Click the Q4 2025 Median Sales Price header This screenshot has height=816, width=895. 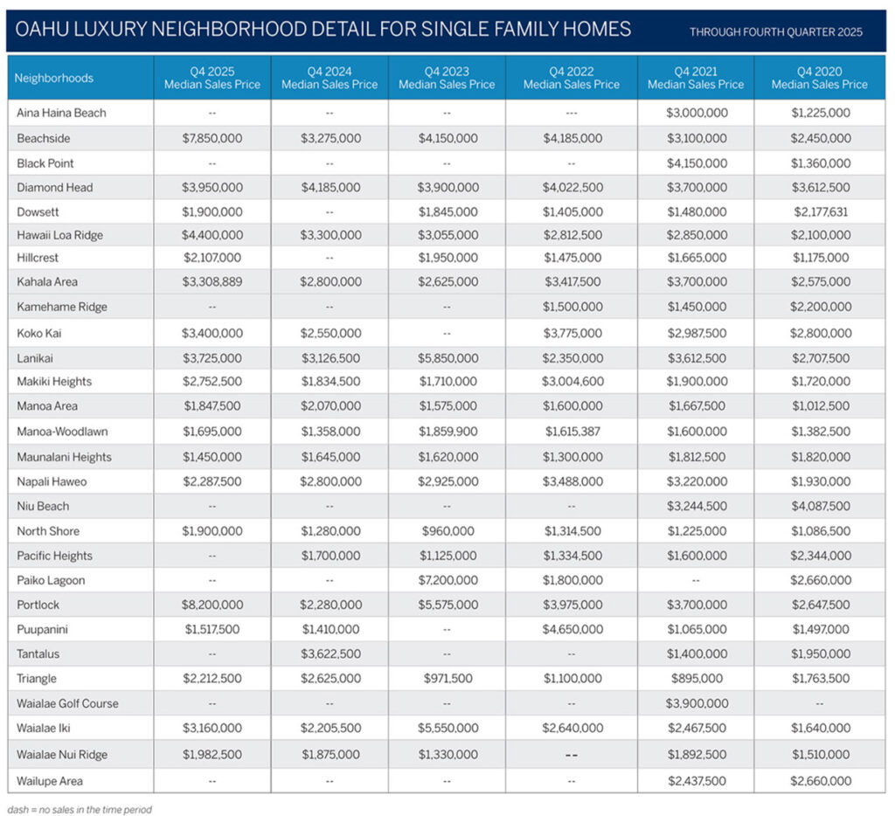click(x=212, y=78)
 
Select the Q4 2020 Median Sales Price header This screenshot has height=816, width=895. click(x=819, y=78)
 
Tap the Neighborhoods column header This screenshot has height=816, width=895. click(x=54, y=78)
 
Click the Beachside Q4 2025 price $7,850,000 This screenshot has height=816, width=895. click(x=212, y=138)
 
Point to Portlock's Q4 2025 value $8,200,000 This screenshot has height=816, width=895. click(x=212, y=605)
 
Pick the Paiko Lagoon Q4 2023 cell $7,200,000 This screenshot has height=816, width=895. click(x=446, y=580)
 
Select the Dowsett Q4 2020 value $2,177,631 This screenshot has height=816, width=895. click(x=819, y=211)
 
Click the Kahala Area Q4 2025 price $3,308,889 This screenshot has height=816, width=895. click(x=212, y=281)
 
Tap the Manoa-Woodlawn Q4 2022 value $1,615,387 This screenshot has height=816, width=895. click(x=572, y=431)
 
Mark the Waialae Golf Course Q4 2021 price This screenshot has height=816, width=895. click(x=696, y=703)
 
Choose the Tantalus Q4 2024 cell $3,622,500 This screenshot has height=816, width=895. click(x=330, y=653)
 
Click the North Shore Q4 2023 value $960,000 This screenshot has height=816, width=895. click(x=446, y=531)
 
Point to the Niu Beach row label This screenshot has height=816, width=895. click(x=43, y=506)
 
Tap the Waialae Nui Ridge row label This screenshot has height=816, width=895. click(x=62, y=755)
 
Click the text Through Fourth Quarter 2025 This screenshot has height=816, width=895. click(x=775, y=32)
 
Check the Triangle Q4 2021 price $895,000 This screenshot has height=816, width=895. click(x=696, y=679)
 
